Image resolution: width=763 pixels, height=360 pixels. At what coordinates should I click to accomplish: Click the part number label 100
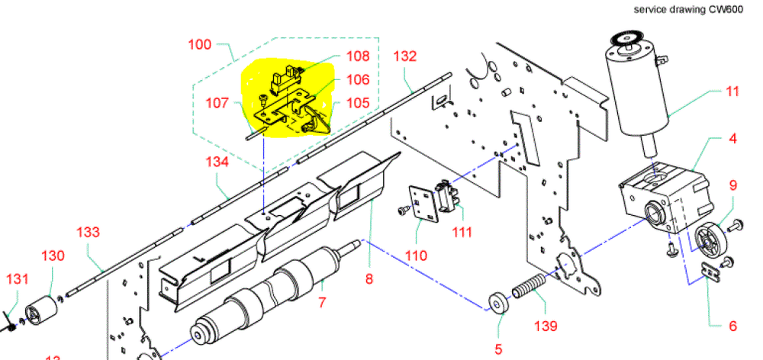click(200, 45)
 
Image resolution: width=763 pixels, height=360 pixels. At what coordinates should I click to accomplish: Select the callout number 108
click(357, 56)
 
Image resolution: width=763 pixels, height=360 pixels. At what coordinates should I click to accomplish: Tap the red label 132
click(405, 56)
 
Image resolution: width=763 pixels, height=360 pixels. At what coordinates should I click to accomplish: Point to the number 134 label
click(217, 161)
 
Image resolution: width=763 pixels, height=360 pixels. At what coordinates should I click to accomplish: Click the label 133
click(89, 231)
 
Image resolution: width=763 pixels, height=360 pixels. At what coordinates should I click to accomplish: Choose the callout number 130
click(53, 256)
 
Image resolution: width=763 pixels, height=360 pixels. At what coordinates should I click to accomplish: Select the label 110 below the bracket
click(416, 256)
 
